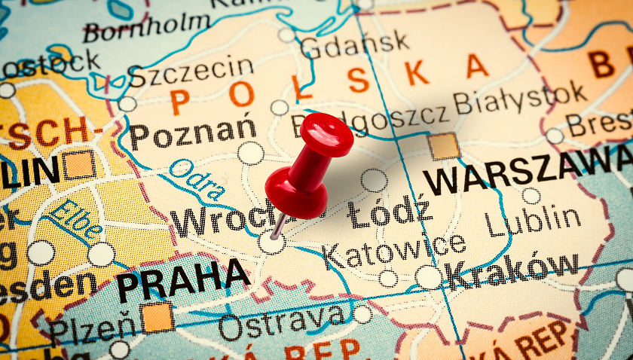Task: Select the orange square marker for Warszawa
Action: coord(444,145)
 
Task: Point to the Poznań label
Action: coord(193,133)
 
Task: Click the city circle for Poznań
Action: coord(251,154)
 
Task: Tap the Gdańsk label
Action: coord(354,43)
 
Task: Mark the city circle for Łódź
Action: coord(374,180)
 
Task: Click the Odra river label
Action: coord(197,180)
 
